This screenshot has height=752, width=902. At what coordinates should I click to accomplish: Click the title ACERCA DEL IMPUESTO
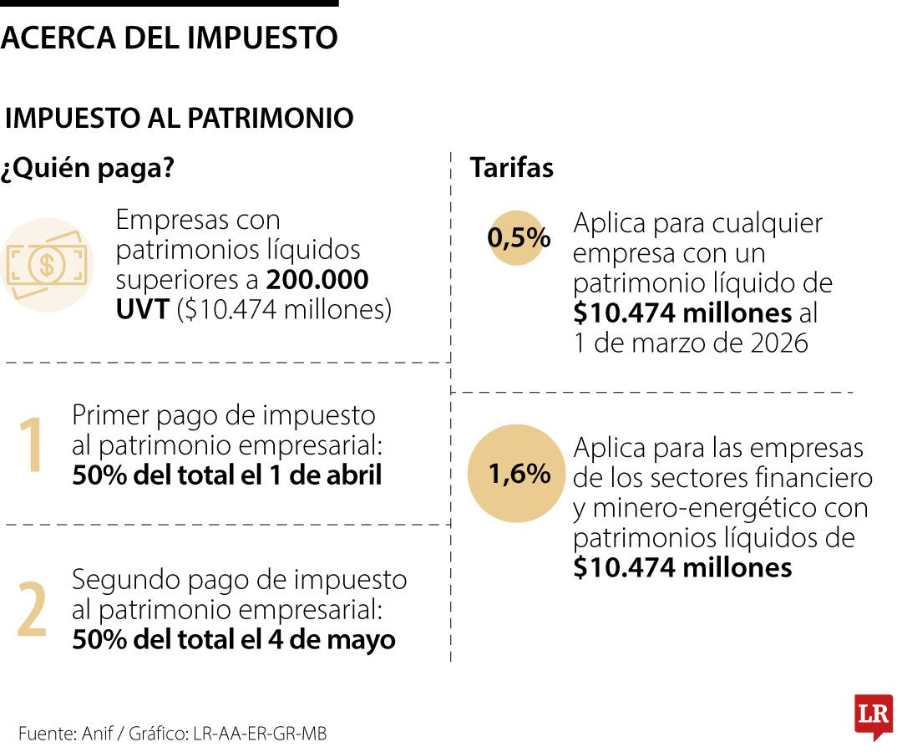pyautogui.click(x=169, y=38)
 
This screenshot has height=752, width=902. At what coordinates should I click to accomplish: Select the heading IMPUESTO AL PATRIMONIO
pyautogui.click(x=179, y=119)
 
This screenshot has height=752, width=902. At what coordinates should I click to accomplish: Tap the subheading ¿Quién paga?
pyautogui.click(x=88, y=168)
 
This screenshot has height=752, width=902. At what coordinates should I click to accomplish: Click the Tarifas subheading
pyautogui.click(x=511, y=168)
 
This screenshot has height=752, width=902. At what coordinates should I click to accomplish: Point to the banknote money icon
pyautogui.click(x=47, y=265)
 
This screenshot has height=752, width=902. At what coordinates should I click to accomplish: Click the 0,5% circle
pyautogui.click(x=518, y=239)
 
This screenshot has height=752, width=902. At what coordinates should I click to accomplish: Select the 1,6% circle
pyautogui.click(x=518, y=474)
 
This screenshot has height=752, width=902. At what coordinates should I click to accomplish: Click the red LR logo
pyautogui.click(x=873, y=715)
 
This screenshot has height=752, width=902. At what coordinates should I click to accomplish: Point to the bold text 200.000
pyautogui.click(x=318, y=279)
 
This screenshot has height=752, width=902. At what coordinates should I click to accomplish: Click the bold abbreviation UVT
pyautogui.click(x=143, y=310)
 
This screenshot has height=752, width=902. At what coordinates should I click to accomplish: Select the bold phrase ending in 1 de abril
pyautogui.click(x=226, y=475)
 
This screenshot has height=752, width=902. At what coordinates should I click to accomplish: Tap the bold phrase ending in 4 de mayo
pyautogui.click(x=233, y=640)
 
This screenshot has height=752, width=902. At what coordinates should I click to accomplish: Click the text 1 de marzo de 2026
pyautogui.click(x=691, y=343)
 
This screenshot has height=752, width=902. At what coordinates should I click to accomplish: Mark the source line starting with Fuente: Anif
pyautogui.click(x=172, y=734)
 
